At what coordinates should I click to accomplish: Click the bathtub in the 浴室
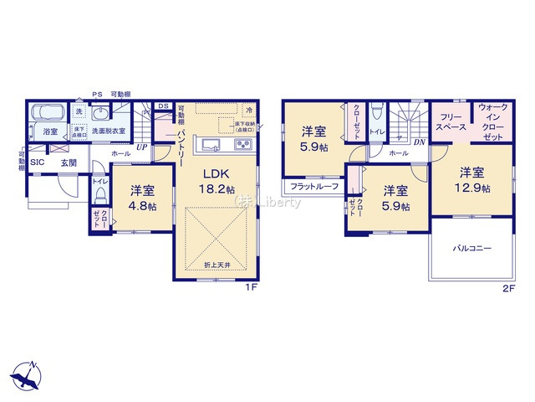(47, 114)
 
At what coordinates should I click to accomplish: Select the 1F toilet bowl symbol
(100, 195)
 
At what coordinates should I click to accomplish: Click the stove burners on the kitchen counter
(242, 146)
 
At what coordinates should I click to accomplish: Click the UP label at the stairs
(143, 148)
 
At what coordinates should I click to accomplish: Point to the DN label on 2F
(419, 143)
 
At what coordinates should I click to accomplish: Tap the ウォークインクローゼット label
(492, 121)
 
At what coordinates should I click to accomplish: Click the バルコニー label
(472, 249)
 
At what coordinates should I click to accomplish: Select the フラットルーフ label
(314, 186)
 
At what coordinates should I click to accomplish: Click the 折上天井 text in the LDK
(217, 265)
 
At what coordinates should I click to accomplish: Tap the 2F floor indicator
(509, 287)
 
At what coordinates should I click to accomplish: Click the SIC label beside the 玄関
(38, 162)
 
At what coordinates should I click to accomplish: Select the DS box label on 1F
(163, 106)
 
